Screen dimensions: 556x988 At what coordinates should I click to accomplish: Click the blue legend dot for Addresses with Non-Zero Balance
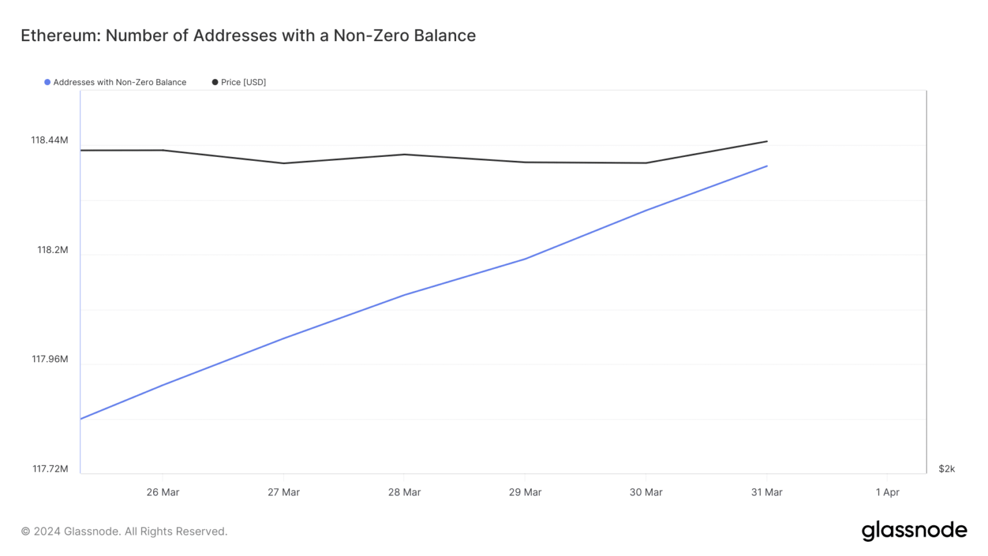coord(47,82)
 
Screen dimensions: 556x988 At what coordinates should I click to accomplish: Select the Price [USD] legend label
coord(243,82)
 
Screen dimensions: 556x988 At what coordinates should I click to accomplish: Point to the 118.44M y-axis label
coord(50,140)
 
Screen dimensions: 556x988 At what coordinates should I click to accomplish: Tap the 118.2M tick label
coord(53,250)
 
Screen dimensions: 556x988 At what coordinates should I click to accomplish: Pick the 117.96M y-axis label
coord(50,359)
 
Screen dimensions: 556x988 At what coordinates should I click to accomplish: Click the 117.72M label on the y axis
coord(50,469)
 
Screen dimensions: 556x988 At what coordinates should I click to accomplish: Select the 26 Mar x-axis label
coord(163,492)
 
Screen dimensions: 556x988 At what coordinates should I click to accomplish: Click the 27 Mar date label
coord(284,492)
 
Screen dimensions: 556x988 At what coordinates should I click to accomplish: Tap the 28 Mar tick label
coord(404,492)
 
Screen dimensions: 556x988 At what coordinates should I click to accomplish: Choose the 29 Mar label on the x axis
coord(525,492)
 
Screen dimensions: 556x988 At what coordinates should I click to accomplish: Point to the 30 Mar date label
coord(646,492)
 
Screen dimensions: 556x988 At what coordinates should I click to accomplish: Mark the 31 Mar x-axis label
coord(767,492)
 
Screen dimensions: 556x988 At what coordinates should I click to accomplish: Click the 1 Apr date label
coord(887,492)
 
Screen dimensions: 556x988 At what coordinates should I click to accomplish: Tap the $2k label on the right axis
coord(947,469)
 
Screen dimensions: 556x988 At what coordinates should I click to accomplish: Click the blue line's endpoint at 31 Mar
coord(767,166)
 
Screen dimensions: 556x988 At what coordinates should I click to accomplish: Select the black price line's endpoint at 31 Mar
coord(767,142)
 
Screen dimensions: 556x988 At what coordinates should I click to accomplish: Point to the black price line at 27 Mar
coord(284,163)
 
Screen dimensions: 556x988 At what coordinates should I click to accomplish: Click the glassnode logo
coord(914,531)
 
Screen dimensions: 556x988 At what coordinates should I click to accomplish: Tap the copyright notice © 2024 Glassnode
coord(124,532)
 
